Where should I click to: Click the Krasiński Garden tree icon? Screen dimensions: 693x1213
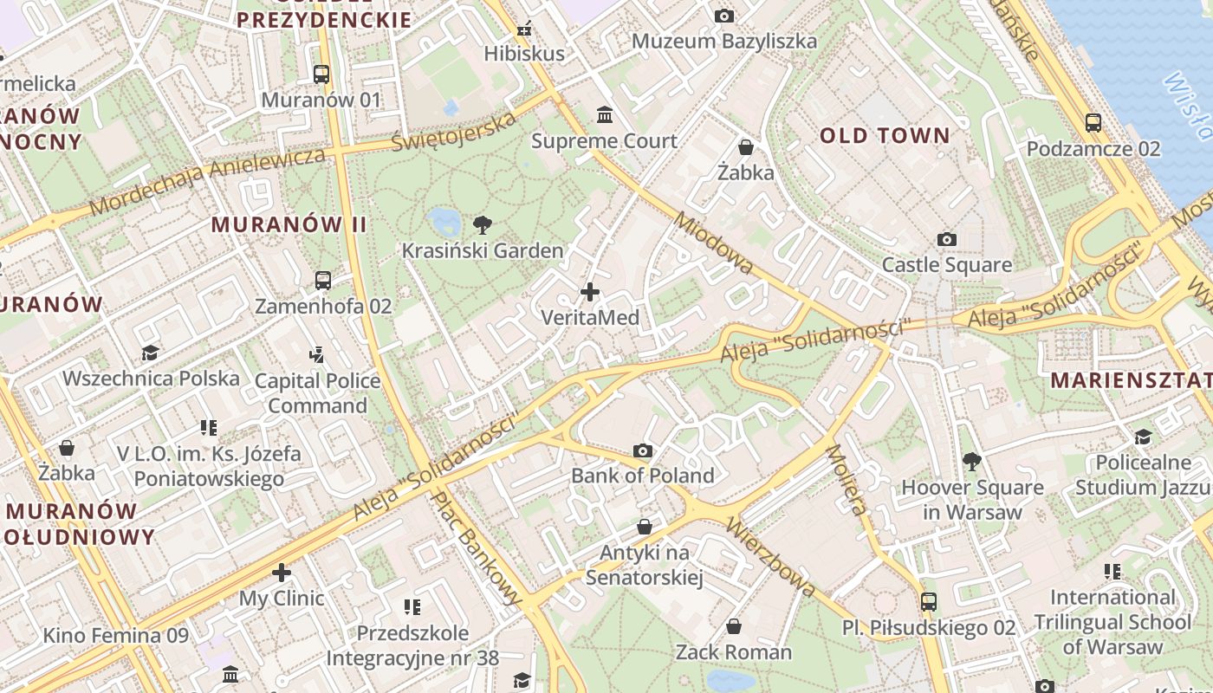[x=483, y=225]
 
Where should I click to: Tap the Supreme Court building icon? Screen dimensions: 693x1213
[x=605, y=114]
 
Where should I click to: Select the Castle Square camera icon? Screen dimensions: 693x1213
[x=947, y=239]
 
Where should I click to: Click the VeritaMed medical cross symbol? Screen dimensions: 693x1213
[x=590, y=292]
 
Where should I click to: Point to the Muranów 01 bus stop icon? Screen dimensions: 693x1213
[x=321, y=74]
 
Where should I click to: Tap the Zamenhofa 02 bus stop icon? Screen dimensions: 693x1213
[x=323, y=280]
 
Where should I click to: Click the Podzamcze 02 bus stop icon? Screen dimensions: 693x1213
[x=1093, y=123]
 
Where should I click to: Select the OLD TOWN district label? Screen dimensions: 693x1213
[x=885, y=135]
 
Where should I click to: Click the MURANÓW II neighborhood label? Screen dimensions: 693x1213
[x=289, y=224]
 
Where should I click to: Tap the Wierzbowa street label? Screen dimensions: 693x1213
[x=771, y=557]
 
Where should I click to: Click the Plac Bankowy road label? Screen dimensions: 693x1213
[x=477, y=548]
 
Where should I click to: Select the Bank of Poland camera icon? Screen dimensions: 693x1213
[x=643, y=450]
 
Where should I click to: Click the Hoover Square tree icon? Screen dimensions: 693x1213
[x=972, y=461]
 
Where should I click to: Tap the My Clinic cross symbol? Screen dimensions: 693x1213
[x=282, y=573]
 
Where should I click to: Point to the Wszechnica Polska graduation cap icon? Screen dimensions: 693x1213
[x=151, y=353]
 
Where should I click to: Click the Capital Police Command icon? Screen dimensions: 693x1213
[x=317, y=354]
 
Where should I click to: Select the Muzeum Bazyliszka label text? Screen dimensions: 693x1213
[x=723, y=41]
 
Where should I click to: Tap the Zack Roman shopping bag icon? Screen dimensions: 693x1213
[x=734, y=625]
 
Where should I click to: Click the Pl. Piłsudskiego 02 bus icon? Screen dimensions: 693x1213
[x=929, y=601]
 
